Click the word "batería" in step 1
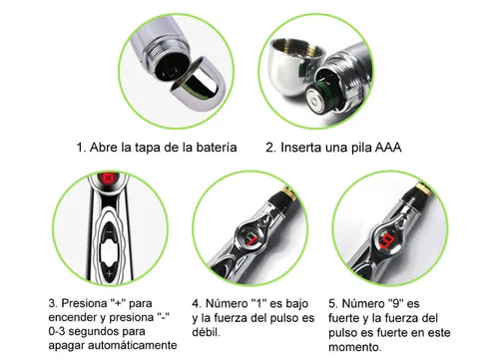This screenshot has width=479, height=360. (x=217, y=148)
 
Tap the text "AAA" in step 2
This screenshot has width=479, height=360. (x=388, y=148)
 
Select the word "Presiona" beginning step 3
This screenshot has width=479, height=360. (x=85, y=303)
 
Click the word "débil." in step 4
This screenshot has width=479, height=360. (x=206, y=332)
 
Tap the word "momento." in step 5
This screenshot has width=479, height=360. (x=355, y=347)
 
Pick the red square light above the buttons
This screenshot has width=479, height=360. (x=108, y=179)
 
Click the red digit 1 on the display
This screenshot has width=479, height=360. (x=252, y=239)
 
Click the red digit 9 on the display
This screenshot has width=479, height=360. (x=387, y=241)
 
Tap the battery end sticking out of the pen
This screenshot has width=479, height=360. (x=318, y=99)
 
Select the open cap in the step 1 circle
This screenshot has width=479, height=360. (x=195, y=80)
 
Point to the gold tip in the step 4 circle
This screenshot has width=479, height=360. (x=288, y=192)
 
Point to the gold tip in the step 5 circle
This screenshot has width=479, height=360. (x=425, y=187)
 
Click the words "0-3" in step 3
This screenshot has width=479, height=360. (x=57, y=331)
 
